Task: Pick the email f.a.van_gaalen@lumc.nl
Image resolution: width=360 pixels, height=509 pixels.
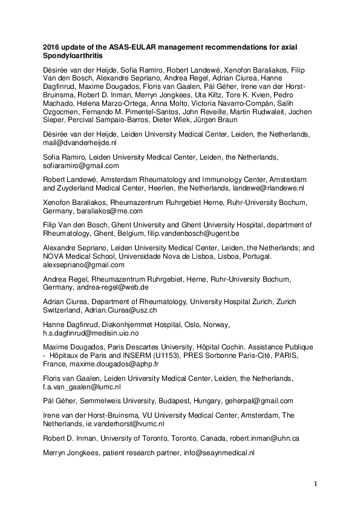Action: pyautogui.click(x=82, y=387)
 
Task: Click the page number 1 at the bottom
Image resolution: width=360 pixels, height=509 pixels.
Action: pyautogui.click(x=315, y=484)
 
